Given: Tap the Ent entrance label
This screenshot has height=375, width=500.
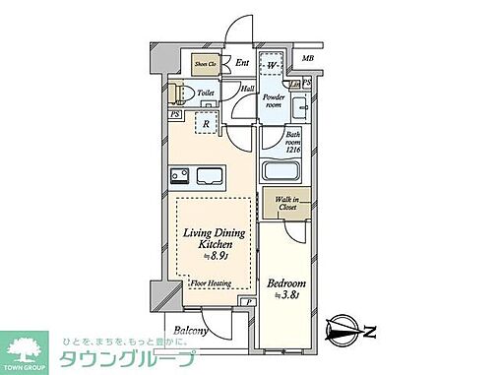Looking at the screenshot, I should (241, 64).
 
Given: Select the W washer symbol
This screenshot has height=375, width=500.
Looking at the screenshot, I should (276, 66).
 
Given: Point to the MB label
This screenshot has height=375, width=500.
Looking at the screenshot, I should (308, 59).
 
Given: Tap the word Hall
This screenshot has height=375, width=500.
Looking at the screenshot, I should (248, 89).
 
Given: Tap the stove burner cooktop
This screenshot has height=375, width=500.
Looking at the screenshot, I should (181, 177).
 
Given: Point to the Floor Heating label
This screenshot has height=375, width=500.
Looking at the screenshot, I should (210, 281).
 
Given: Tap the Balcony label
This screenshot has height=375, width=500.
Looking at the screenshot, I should (190, 331).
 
